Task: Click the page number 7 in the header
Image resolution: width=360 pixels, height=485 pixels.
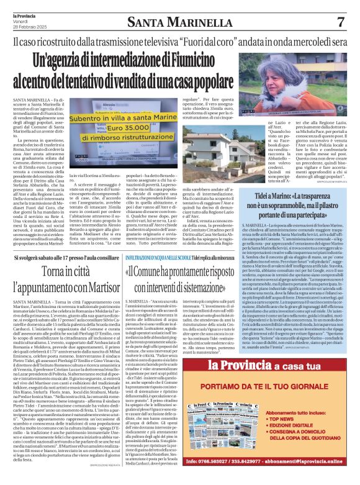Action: click(x=341, y=22)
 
